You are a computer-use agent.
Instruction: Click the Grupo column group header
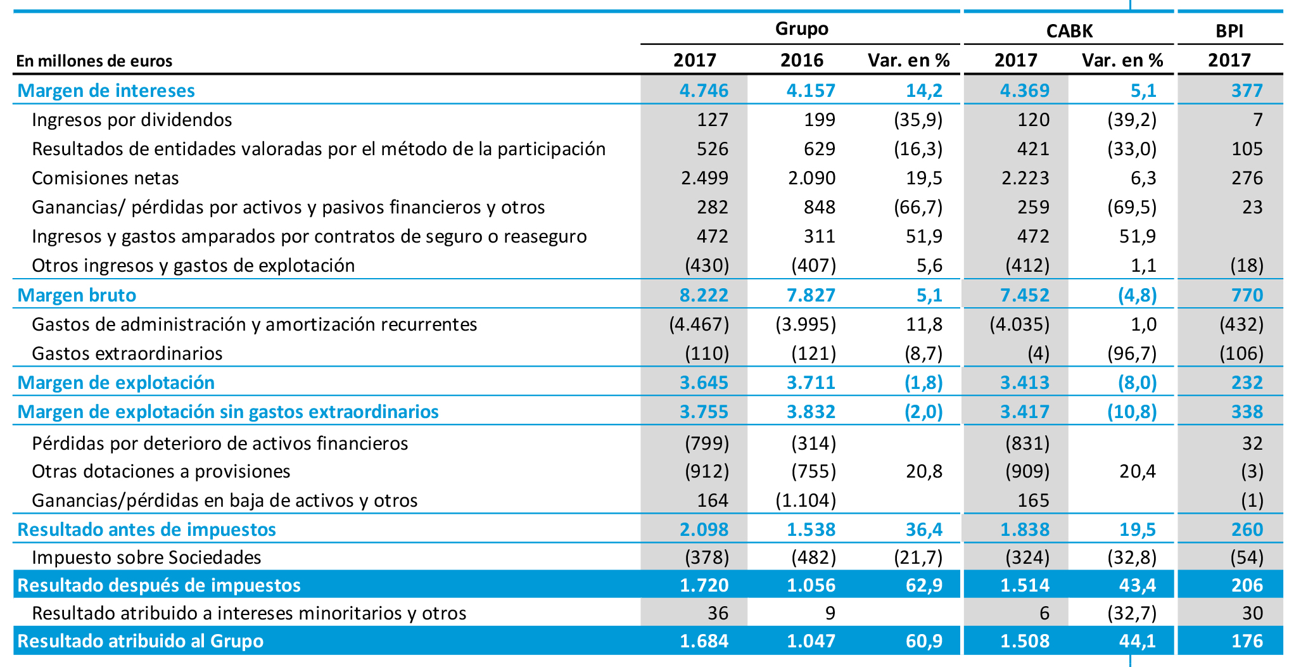(801, 29)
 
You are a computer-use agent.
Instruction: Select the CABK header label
(1069, 31)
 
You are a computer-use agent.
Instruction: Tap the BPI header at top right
(1229, 31)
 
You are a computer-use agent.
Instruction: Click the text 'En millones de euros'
(94, 61)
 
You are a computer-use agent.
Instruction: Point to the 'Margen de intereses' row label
(106, 91)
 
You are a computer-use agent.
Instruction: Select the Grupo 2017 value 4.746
(704, 91)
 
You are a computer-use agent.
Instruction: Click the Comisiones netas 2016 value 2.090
(811, 178)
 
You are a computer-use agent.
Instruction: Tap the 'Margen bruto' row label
(77, 295)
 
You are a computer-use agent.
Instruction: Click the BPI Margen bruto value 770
(1247, 295)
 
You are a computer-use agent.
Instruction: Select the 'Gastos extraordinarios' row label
(127, 353)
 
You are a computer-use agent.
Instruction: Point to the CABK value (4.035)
(1019, 324)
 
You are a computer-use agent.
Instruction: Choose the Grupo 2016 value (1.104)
(806, 500)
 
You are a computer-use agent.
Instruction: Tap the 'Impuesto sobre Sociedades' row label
(146, 557)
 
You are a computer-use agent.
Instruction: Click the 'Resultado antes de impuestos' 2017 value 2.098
(704, 530)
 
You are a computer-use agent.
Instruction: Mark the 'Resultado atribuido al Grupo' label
(140, 641)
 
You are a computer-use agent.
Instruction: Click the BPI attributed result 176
(1247, 641)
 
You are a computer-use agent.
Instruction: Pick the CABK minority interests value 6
(1044, 613)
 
